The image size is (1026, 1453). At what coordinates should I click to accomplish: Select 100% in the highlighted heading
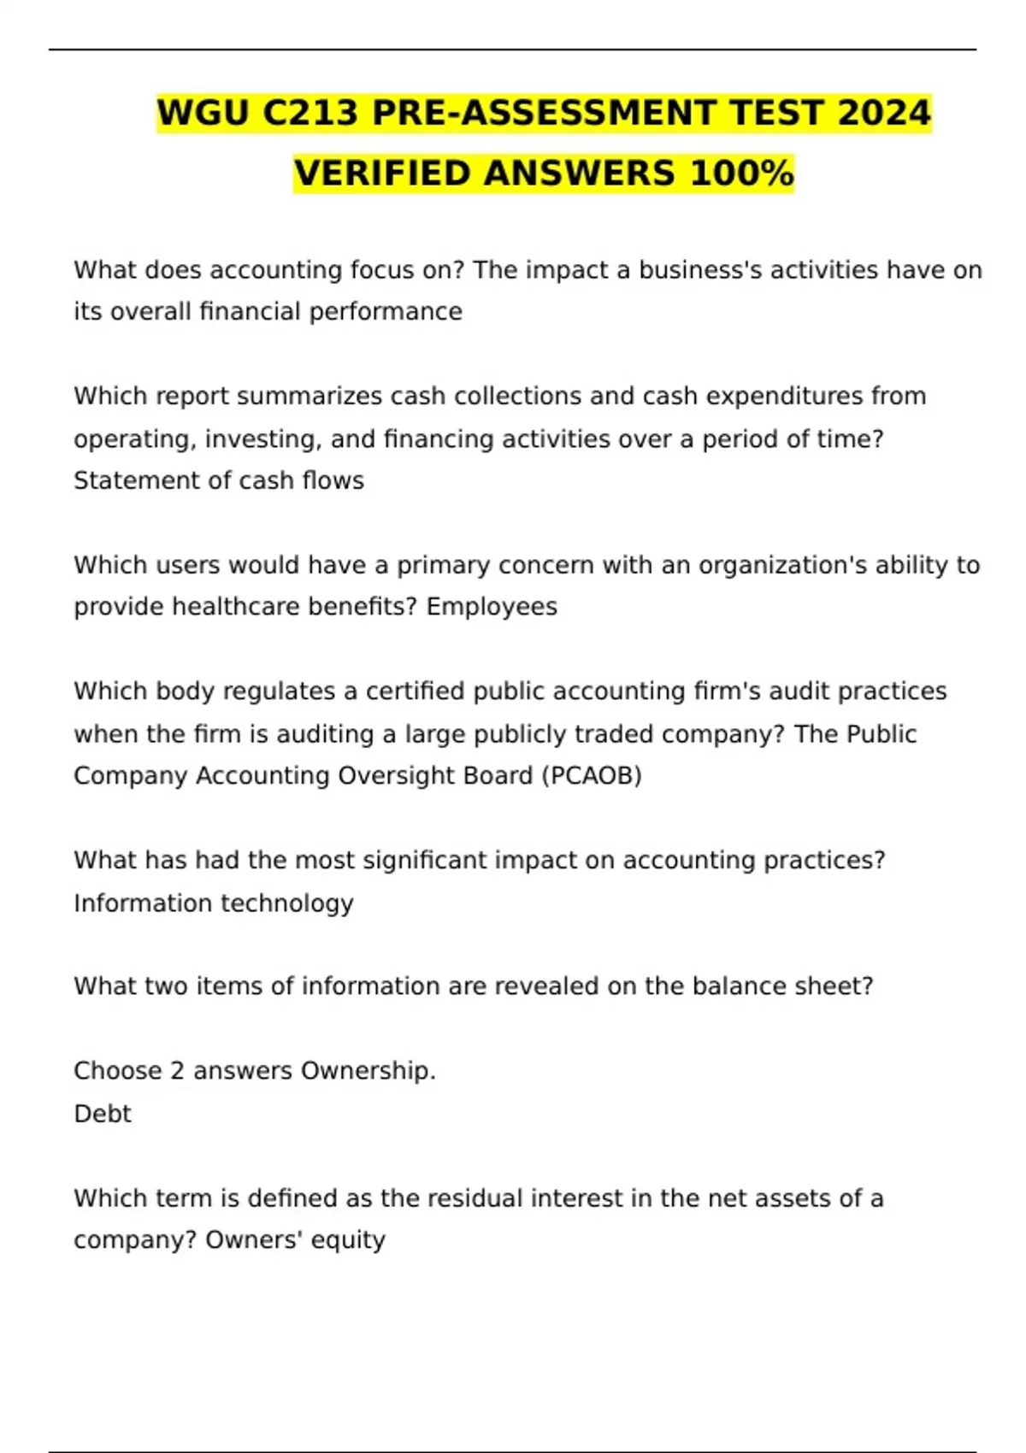(x=742, y=174)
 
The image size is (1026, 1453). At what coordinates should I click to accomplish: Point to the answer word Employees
(x=492, y=607)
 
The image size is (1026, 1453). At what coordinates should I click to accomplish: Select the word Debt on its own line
(x=103, y=1114)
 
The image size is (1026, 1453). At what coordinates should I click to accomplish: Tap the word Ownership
(x=369, y=1071)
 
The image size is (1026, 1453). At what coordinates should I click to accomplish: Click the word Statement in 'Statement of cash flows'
(x=127, y=480)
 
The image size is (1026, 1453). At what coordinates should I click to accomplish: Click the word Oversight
(x=396, y=775)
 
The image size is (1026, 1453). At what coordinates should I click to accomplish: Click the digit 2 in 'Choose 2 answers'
(x=177, y=1071)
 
